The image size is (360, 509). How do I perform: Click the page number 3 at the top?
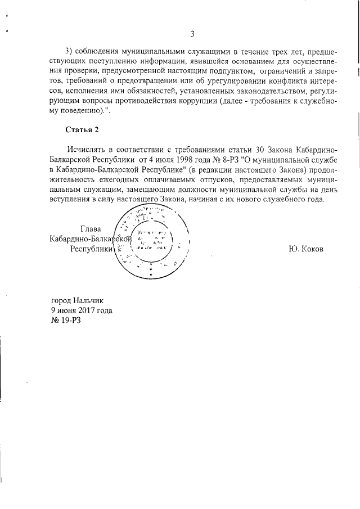192,34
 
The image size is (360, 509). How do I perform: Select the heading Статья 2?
82,130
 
